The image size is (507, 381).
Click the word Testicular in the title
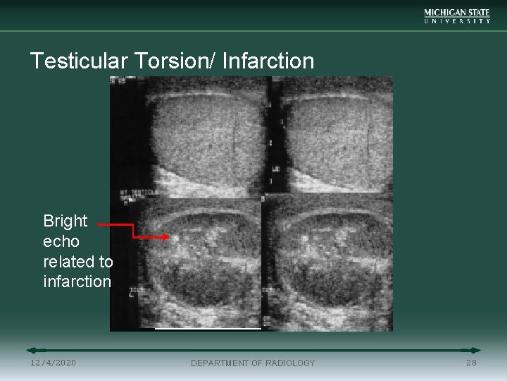(x=77, y=61)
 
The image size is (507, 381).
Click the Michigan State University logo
(x=457, y=16)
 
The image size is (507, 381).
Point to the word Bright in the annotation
(x=65, y=221)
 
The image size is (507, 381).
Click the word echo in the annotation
(x=61, y=241)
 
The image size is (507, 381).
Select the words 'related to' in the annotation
(x=77, y=262)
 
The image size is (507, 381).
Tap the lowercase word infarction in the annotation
(x=77, y=282)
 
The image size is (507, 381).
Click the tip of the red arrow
(x=168, y=238)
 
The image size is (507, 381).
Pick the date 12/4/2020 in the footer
(x=54, y=363)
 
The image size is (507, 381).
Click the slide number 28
(x=471, y=363)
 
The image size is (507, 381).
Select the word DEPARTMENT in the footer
(x=220, y=363)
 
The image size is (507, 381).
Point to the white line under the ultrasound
(x=208, y=328)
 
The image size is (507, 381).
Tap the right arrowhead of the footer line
(x=477, y=350)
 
